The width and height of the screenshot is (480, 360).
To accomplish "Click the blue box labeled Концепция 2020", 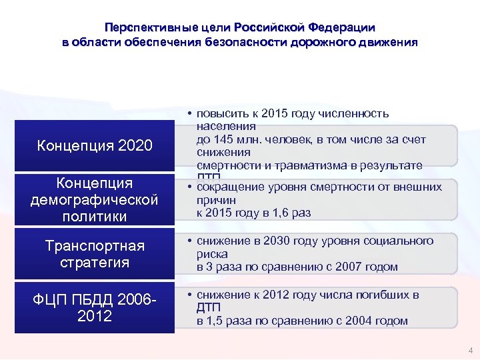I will (94, 145).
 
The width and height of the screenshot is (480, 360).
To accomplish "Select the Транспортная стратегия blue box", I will (94, 254).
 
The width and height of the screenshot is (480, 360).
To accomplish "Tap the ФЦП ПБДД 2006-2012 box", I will (94, 307).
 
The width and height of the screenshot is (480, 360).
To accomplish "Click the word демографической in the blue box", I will (94, 199).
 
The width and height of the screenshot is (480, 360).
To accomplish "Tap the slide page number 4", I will (471, 351).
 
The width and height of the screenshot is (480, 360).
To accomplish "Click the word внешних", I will (417, 186).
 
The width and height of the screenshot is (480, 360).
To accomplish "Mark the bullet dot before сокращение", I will (190, 186).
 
